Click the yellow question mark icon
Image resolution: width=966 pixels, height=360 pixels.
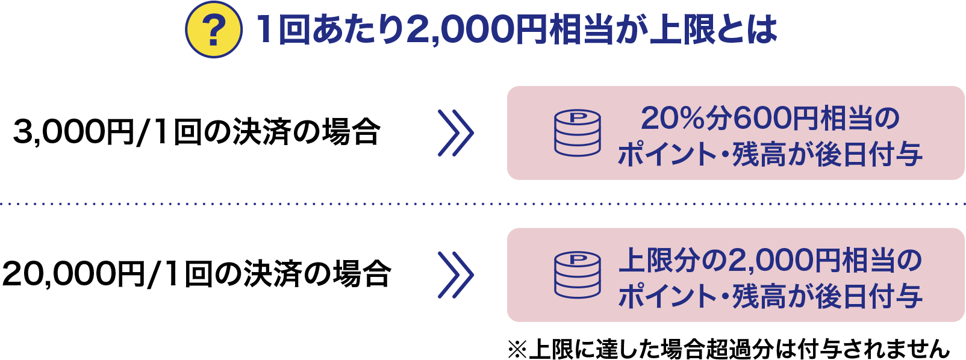coord(213,30)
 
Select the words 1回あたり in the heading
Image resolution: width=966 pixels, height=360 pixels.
coord(329,30)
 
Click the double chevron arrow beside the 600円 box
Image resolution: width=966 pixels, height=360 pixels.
coord(456,133)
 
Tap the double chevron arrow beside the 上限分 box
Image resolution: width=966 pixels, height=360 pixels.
coord(456,275)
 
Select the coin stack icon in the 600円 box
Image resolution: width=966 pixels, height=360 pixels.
coord(577,133)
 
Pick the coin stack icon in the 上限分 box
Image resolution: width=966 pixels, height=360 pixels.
coord(577,275)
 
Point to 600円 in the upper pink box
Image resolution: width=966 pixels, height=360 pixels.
coord(776,118)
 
